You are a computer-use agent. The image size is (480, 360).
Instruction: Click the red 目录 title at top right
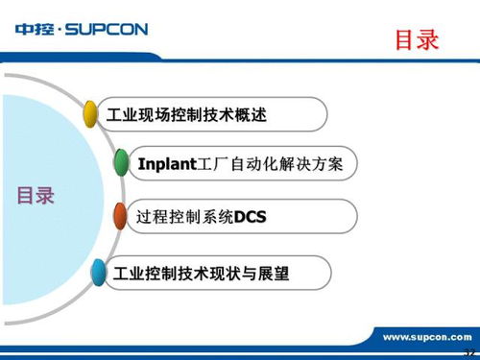pos(417,40)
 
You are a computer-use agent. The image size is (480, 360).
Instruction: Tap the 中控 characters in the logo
pos(35,30)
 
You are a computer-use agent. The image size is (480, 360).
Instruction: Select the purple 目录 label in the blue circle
pos(36,197)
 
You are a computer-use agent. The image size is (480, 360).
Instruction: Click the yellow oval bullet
pos(91,115)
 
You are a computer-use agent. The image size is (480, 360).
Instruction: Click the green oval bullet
pos(121,163)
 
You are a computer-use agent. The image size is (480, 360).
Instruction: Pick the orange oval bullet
pos(120,218)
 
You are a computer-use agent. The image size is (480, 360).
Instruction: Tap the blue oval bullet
pos(97,275)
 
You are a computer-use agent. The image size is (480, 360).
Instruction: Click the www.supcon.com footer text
pos(426,337)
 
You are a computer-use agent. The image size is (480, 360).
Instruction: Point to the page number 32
pos(469,353)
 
